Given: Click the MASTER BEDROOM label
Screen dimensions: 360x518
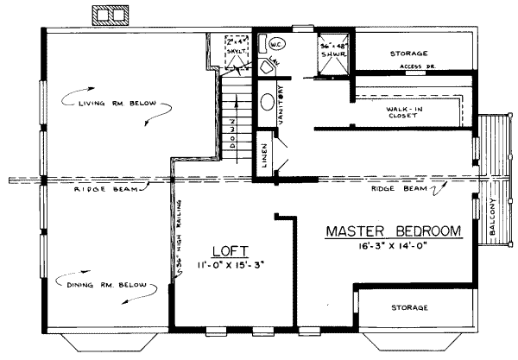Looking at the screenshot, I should [393, 231].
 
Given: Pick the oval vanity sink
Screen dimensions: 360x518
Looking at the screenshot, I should [267, 102].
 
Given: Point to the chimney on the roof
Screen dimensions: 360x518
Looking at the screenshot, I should [109, 15].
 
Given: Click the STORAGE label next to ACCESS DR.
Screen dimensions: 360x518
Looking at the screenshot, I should [408, 54].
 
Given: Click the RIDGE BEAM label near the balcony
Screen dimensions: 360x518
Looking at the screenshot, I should [396, 188].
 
